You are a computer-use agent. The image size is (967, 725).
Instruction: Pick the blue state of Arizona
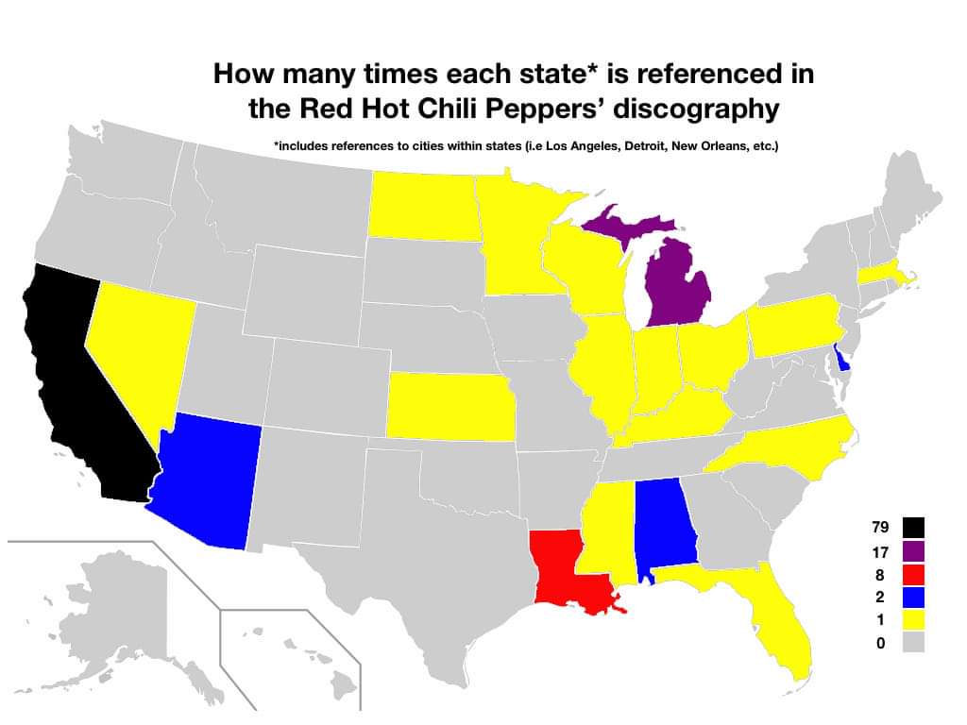[x=212, y=481]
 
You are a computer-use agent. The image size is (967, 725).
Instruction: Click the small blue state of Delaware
[x=841, y=359]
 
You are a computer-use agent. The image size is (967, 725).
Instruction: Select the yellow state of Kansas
[x=449, y=406]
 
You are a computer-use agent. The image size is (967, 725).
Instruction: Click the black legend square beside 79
[x=912, y=527]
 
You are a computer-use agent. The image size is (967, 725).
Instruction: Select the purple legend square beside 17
[x=912, y=550]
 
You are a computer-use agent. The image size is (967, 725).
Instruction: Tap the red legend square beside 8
[x=912, y=573]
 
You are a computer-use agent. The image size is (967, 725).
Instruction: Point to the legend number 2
[x=880, y=597]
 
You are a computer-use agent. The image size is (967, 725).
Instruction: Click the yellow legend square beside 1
[x=912, y=619]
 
